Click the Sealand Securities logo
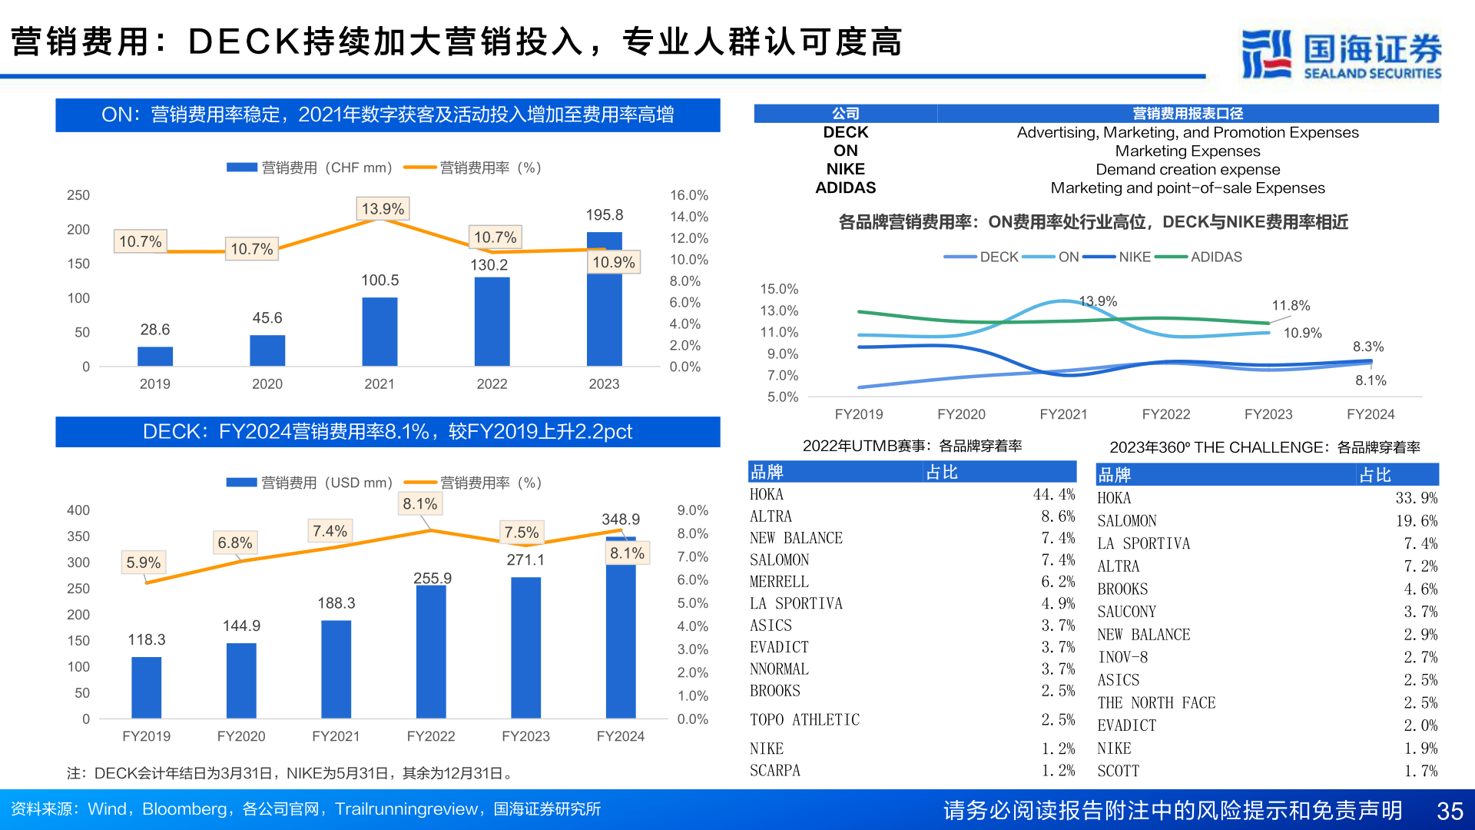tap(1341, 54)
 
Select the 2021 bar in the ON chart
tap(380, 331)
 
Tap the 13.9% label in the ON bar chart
tap(383, 209)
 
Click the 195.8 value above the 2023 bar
tap(604, 215)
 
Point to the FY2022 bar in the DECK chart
tap(431, 652)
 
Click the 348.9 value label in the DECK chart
tap(620, 520)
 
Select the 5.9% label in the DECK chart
tap(144, 563)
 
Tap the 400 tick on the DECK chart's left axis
tap(78, 510)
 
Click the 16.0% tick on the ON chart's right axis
tap(688, 195)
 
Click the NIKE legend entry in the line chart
tap(1134, 257)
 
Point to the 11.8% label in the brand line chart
tap(1291, 305)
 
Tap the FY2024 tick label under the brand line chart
tap(1370, 414)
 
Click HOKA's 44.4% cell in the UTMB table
tap(1053, 494)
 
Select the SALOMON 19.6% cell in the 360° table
tap(1416, 521)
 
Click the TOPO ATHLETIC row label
tap(804, 719)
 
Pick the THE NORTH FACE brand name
tap(1156, 702)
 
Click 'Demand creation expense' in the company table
tap(1188, 169)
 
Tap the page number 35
tap(1450, 811)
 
